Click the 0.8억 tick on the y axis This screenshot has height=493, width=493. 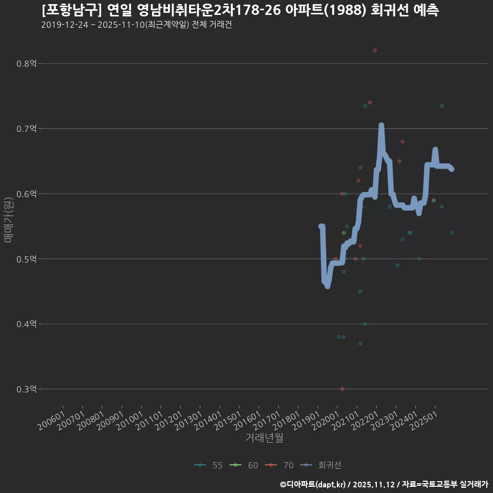[x=27, y=64]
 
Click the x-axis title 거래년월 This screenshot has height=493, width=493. [x=264, y=438]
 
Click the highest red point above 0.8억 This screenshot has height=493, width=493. [x=375, y=50]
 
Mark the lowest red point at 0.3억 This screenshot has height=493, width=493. [x=342, y=389]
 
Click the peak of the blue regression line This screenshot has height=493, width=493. [x=381, y=125]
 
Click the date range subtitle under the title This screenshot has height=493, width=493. [x=136, y=25]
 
